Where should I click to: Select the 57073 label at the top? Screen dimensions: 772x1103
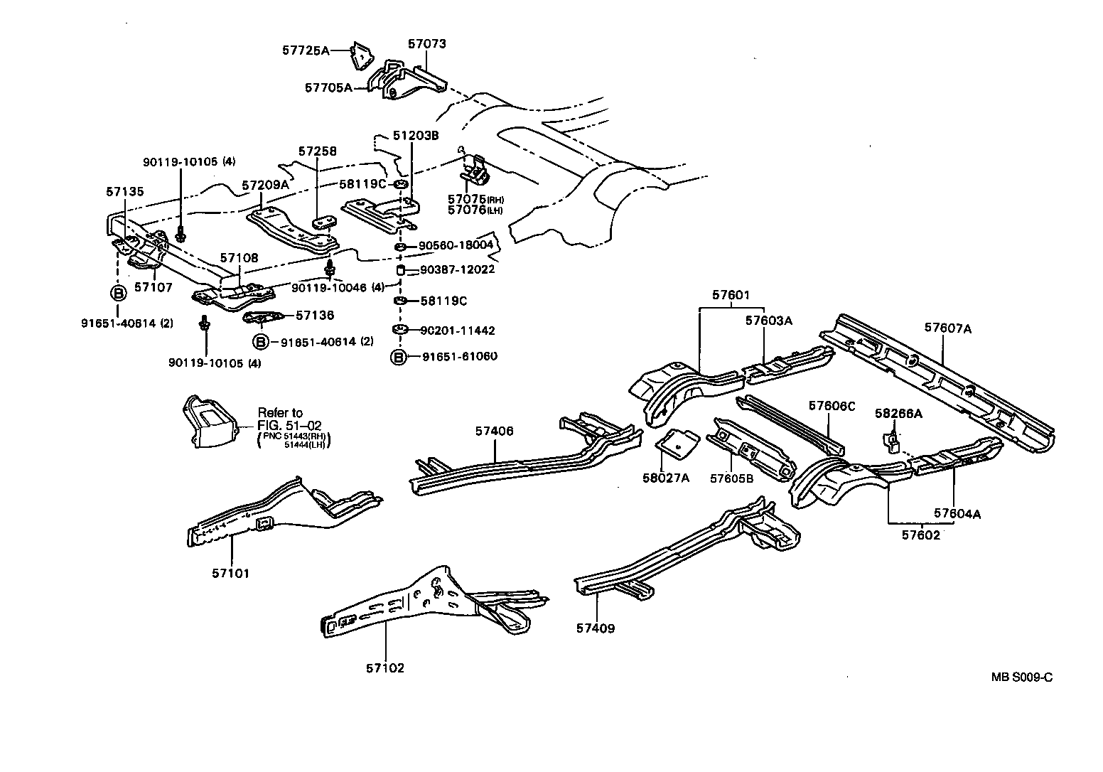(x=426, y=44)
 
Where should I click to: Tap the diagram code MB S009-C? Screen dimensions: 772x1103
(x=1022, y=677)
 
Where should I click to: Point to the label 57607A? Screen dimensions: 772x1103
(x=948, y=328)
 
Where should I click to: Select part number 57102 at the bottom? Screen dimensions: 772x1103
(x=385, y=668)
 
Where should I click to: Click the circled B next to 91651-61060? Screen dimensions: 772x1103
(x=399, y=357)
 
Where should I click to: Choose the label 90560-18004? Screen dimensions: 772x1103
(x=456, y=245)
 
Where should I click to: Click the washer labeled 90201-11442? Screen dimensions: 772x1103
(x=399, y=330)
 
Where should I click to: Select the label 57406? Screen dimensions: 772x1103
(x=494, y=431)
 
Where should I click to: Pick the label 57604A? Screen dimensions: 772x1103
(x=957, y=513)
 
